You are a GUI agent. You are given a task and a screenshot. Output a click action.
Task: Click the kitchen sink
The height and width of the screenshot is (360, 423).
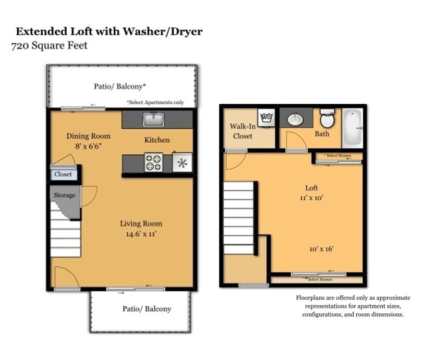154,119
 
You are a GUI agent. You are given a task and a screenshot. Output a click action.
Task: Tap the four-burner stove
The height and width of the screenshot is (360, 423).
154,162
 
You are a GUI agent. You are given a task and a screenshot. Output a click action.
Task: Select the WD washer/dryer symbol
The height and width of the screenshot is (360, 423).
266,118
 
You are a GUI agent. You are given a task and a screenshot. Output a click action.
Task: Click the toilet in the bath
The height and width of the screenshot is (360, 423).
327,118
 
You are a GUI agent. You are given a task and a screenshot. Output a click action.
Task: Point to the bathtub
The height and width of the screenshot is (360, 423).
352,128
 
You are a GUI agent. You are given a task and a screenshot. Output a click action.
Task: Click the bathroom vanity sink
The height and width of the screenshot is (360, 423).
295,119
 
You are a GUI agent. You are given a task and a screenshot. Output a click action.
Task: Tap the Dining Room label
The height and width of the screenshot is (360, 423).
88,136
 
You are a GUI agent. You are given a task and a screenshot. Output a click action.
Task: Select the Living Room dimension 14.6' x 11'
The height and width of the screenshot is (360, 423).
141,234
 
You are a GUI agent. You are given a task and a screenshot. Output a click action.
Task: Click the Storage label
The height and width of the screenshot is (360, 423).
64,195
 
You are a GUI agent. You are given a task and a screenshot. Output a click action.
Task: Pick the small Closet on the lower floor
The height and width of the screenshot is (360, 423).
63,174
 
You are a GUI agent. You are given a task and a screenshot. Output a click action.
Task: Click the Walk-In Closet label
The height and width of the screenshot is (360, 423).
242,131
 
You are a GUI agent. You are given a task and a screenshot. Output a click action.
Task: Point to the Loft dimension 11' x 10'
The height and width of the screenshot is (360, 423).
312,198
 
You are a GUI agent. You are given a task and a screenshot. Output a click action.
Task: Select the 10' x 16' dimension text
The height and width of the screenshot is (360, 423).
321,249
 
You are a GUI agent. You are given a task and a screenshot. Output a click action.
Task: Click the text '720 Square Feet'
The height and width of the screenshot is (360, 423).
49,45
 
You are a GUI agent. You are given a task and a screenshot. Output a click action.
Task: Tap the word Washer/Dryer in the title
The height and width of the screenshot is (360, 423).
162,31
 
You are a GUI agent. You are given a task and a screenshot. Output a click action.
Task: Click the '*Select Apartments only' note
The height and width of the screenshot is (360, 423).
156,102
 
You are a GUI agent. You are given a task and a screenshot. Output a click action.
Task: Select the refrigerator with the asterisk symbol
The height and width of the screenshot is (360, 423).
182,162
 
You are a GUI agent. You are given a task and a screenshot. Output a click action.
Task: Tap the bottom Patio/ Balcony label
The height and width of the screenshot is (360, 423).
147,309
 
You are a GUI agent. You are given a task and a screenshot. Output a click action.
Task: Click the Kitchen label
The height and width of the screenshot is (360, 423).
157,140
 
